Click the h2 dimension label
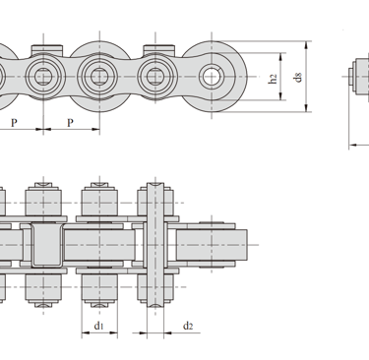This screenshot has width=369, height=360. click(273, 79)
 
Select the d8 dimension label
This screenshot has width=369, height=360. click(297, 78)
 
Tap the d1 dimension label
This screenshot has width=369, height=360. click(99, 326)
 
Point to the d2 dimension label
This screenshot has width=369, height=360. click(188, 326)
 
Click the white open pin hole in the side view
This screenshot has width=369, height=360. click(212, 77)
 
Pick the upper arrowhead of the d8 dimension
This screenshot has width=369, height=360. click(306, 45)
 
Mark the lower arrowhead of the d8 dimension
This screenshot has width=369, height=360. click(306, 107)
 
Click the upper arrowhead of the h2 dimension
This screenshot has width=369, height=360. click(280, 57)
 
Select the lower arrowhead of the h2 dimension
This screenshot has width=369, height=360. click(280, 96)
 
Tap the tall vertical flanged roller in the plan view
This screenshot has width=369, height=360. click(155, 245)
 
